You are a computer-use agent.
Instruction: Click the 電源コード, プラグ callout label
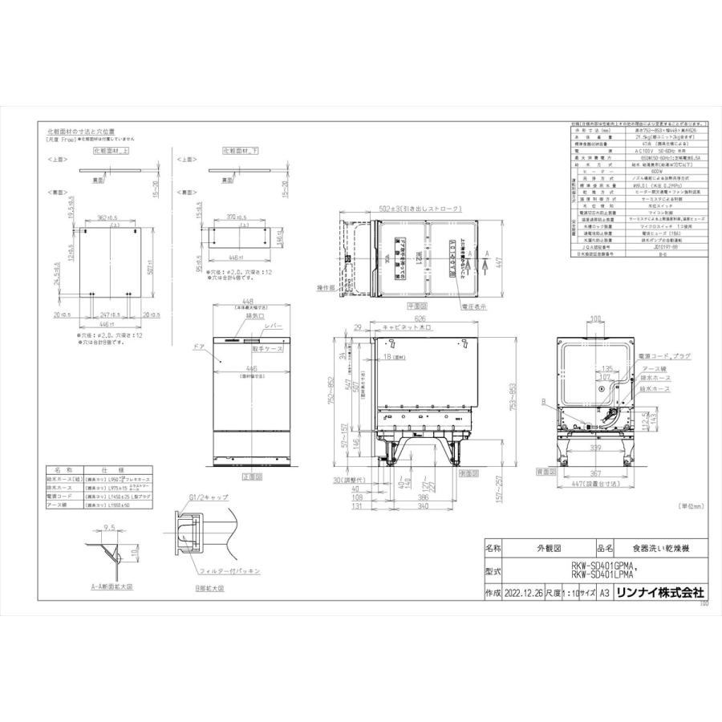coord(663,355)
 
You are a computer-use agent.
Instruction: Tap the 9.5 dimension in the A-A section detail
coord(109,529)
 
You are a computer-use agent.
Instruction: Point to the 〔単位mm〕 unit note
coord(692,506)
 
